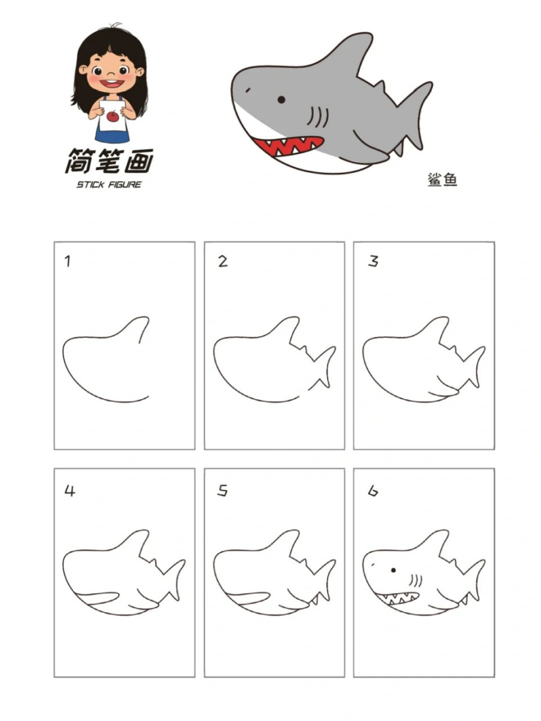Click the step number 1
click(68, 261)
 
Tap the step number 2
click(223, 261)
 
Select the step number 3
click(373, 261)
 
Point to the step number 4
click(69, 491)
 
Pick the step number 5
click(223, 491)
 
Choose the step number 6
click(373, 491)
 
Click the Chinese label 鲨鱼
click(442, 180)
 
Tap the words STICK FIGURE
click(109, 185)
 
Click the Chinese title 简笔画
click(109, 162)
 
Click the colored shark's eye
click(281, 100)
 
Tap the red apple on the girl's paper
click(113, 117)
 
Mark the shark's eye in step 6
click(393, 570)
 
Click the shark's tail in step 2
click(324, 366)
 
